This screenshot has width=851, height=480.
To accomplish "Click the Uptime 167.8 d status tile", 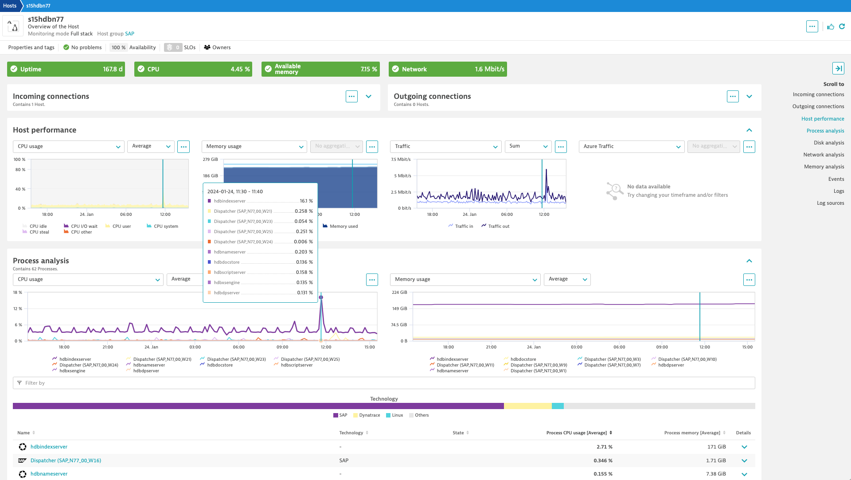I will coord(66,69).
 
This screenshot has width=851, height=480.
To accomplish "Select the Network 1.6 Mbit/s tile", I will coord(448,69).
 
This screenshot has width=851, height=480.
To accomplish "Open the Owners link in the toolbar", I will coord(217,47).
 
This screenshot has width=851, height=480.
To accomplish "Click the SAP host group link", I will coord(129,34).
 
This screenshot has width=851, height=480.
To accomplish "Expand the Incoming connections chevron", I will coord(368,96).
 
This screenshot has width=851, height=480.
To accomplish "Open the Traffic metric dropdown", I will coord(445,146).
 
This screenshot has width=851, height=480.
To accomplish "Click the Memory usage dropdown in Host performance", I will coord(254,146).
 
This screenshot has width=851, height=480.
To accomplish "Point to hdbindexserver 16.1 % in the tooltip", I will coord(260,201).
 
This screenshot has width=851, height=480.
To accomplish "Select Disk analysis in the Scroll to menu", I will coord(828,143).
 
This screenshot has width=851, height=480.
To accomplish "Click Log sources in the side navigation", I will coord(830,203).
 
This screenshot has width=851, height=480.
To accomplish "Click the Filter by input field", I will coord(383,383).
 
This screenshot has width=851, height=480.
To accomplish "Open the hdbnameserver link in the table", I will coord(49,474).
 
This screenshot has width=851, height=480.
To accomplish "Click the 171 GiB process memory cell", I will coord(716,447).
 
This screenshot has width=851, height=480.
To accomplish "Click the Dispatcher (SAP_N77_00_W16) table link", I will coord(66,460).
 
